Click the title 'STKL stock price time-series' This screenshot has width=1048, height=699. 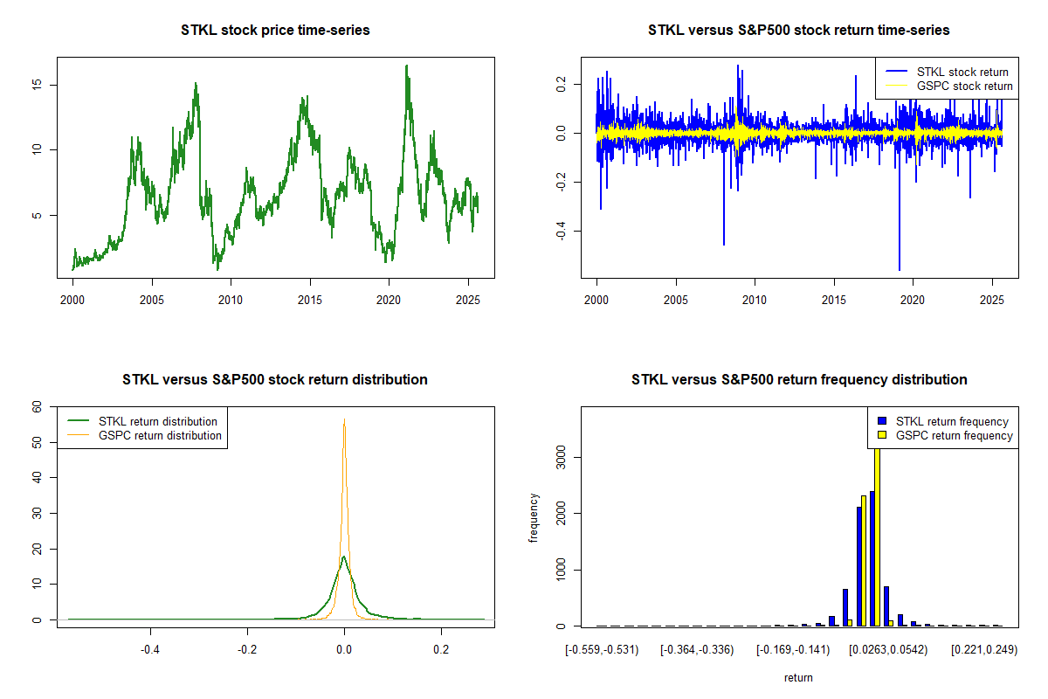275,31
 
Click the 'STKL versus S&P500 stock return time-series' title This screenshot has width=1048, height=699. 798,31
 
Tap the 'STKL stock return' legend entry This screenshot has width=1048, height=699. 962,73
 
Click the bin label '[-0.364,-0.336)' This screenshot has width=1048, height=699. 695,650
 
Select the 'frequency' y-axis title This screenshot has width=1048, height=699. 534,517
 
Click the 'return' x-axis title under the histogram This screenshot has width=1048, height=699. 798,677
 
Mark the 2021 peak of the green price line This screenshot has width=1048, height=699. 406,66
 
